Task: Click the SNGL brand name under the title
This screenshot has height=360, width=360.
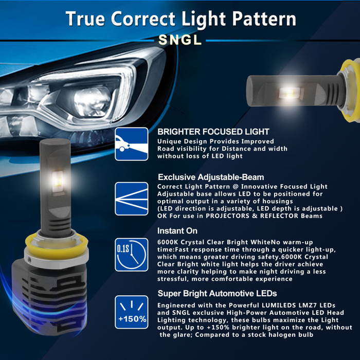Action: click(x=180, y=40)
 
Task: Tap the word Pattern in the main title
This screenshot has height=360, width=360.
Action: click(x=264, y=19)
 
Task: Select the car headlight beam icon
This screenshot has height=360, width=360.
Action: click(x=132, y=144)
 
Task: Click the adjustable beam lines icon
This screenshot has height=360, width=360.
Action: click(x=132, y=199)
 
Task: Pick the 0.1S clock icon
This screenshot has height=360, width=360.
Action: click(x=132, y=255)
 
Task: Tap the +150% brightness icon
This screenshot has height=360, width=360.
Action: click(x=132, y=312)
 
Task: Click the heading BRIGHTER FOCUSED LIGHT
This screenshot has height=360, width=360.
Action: click(x=213, y=132)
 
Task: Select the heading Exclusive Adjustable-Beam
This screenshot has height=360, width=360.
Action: click(x=211, y=177)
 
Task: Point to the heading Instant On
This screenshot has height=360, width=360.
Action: click(x=177, y=231)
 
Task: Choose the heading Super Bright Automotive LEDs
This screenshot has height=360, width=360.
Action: click(x=217, y=294)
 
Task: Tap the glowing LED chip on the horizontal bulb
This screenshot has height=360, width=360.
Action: click(x=290, y=93)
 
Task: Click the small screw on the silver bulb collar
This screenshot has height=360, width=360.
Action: click(x=29, y=260)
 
